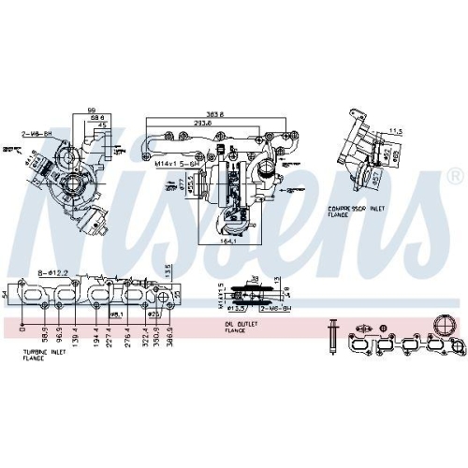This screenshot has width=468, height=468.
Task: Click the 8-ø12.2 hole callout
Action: click(x=52, y=273)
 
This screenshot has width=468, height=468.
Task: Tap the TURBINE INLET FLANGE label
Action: click(x=44, y=357)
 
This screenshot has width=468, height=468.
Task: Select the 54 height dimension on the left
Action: click(x=6, y=296)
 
